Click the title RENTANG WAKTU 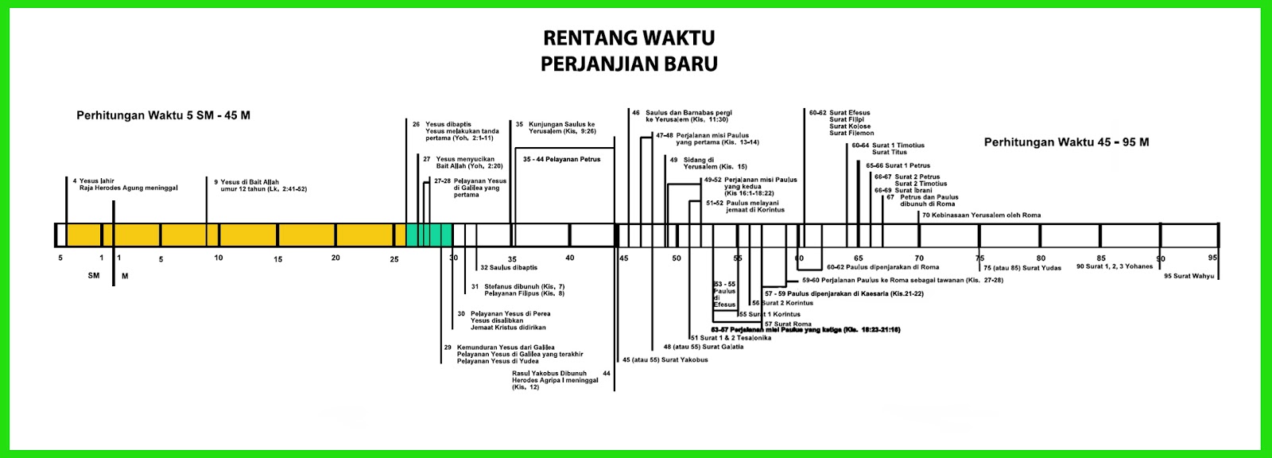click(x=629, y=38)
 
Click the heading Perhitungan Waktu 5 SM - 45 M click(x=163, y=115)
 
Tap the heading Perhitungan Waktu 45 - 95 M click(x=1066, y=142)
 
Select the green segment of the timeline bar click(x=429, y=235)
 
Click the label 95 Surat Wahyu click(x=1189, y=276)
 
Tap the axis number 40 click(x=570, y=258)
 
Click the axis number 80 click(x=1041, y=258)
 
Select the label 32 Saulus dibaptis click(x=509, y=268)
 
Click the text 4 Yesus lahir click(x=93, y=181)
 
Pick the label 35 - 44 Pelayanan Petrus click(x=561, y=160)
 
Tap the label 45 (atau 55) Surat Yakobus click(x=665, y=359)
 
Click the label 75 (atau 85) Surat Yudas click(x=1022, y=268)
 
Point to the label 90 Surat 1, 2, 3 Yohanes click(x=1115, y=266)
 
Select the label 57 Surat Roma click(x=788, y=324)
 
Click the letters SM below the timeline click(x=94, y=276)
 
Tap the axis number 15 click(x=277, y=259)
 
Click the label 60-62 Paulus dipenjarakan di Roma click(x=882, y=267)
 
